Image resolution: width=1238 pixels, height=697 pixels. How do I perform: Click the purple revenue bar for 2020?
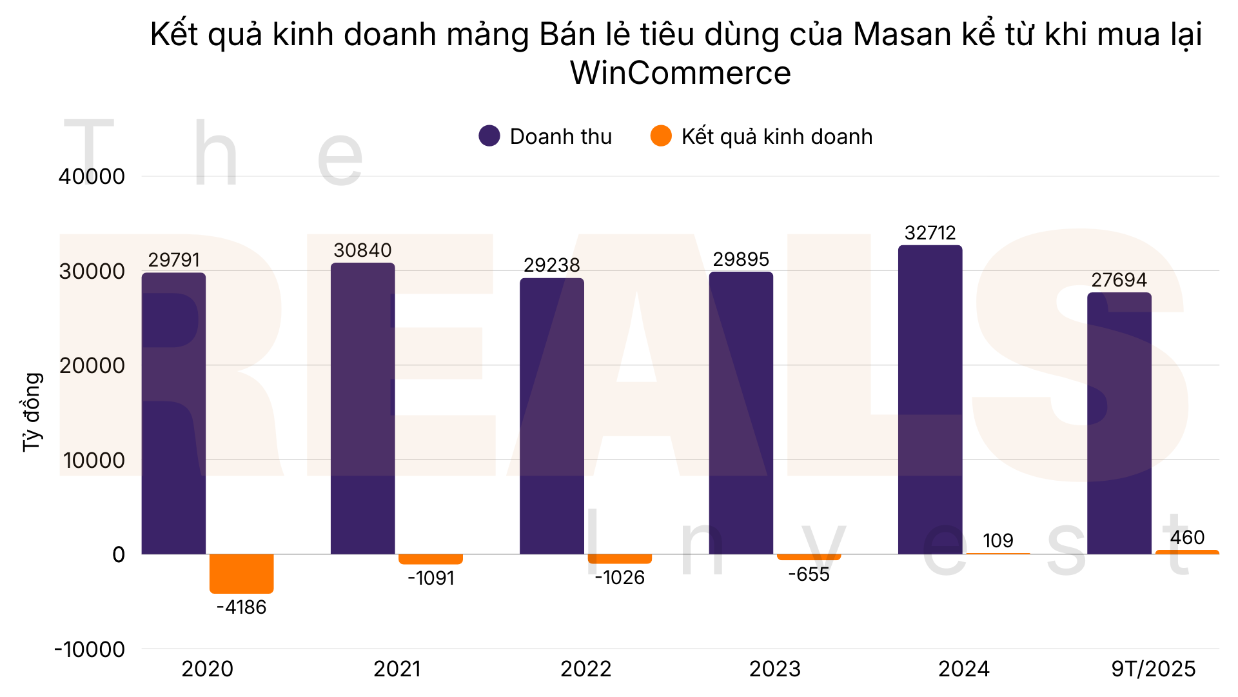[x=173, y=413]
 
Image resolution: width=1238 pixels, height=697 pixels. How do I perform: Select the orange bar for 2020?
[x=241, y=573]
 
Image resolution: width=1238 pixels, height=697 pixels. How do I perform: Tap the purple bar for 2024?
[x=930, y=400]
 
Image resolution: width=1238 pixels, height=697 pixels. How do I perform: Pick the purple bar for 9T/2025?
[x=1119, y=423]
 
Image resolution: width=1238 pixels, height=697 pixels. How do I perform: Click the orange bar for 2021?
[x=430, y=559]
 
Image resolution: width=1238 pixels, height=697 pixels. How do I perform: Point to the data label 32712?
[x=930, y=233]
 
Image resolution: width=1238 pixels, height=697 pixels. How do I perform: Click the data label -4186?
[x=241, y=607]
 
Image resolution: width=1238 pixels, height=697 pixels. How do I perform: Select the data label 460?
[x=1187, y=538]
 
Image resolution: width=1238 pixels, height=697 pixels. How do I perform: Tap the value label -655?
[x=809, y=574]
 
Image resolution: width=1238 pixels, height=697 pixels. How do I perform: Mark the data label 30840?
[x=362, y=250]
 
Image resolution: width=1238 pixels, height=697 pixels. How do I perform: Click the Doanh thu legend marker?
[x=489, y=136]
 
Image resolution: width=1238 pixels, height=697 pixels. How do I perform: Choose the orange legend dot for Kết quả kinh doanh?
[x=661, y=136]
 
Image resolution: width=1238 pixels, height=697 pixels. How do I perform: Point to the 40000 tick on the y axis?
[x=92, y=176]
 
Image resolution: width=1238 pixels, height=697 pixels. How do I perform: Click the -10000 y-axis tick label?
[x=90, y=649]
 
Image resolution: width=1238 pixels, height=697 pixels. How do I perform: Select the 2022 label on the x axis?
[x=585, y=669]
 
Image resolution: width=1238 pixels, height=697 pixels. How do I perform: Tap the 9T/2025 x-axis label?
[x=1153, y=669]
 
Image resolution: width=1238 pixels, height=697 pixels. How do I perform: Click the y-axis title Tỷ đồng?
[x=32, y=412]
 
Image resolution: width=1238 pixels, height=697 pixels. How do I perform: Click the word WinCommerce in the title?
[x=680, y=73]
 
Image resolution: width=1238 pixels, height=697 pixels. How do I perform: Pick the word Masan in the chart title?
[x=901, y=34]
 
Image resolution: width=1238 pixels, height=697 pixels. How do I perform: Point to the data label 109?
[x=997, y=541]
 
